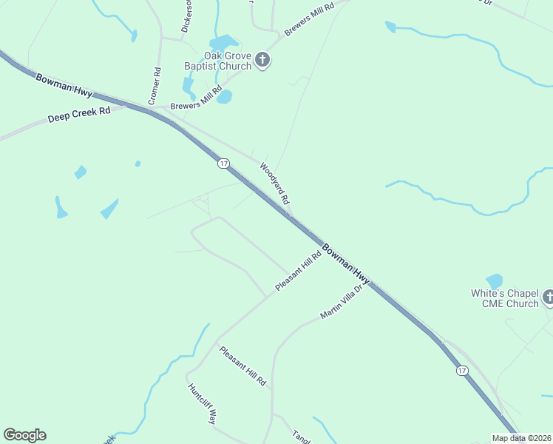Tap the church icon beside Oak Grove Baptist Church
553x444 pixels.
coord(262,59)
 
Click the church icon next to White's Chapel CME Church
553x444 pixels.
coord(549,297)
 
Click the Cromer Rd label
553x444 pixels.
coord(155,86)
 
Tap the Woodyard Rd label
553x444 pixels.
coord(274,184)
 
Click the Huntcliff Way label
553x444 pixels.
coord(201,403)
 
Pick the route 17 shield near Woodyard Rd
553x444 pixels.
coord(223,163)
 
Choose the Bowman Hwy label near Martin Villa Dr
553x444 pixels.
coord(346,263)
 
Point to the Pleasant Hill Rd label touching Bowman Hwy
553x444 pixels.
coord(298,271)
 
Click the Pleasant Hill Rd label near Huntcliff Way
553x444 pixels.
coord(242,366)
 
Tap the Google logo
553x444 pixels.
coord(24,435)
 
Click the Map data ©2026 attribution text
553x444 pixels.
coord(520,438)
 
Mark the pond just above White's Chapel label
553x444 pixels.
coord(494,281)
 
